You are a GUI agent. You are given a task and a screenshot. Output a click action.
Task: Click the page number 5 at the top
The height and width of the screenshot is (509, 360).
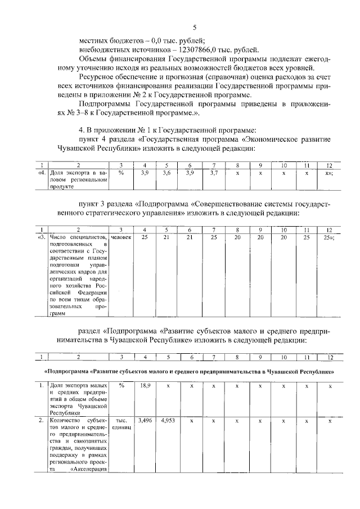[x=194, y=28]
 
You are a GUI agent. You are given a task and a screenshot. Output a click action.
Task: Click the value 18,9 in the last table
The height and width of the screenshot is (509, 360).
[x=145, y=386]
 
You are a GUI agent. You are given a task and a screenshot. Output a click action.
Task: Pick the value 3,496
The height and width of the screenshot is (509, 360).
[x=145, y=420]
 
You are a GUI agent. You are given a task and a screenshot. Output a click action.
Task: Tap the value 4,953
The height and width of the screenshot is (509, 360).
[x=167, y=420]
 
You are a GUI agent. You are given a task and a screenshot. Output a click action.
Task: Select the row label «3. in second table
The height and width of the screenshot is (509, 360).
[x=40, y=237]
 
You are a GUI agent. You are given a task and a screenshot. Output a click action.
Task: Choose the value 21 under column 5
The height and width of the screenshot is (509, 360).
[x=166, y=237]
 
